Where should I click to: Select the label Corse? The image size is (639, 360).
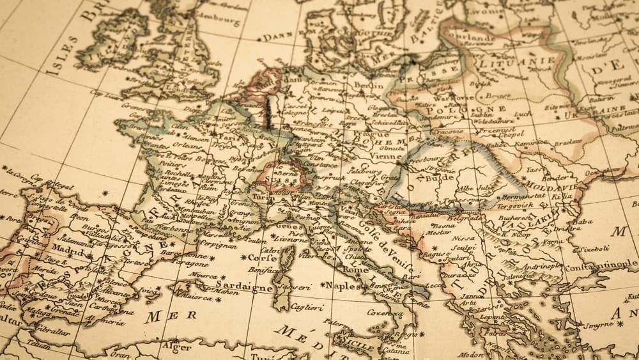point(261,258)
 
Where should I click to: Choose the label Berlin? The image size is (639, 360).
point(369,85)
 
